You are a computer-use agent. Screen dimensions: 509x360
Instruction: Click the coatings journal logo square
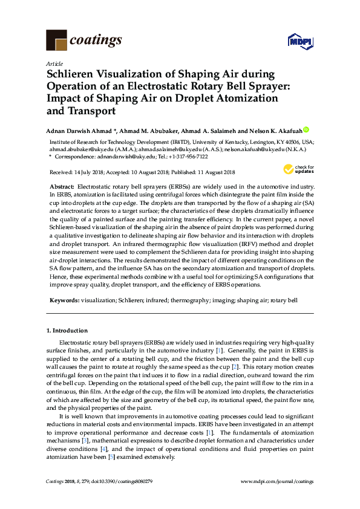[x=56, y=40]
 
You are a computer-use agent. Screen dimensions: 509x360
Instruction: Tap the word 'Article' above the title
[x=53, y=63]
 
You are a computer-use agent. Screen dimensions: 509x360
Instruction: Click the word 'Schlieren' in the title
[x=74, y=75]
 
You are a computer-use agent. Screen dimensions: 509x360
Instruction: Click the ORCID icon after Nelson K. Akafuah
[x=306, y=129]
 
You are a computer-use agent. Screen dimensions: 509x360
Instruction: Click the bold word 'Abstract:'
[x=62, y=189]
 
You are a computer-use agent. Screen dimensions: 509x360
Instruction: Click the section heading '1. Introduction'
[x=67, y=331]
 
